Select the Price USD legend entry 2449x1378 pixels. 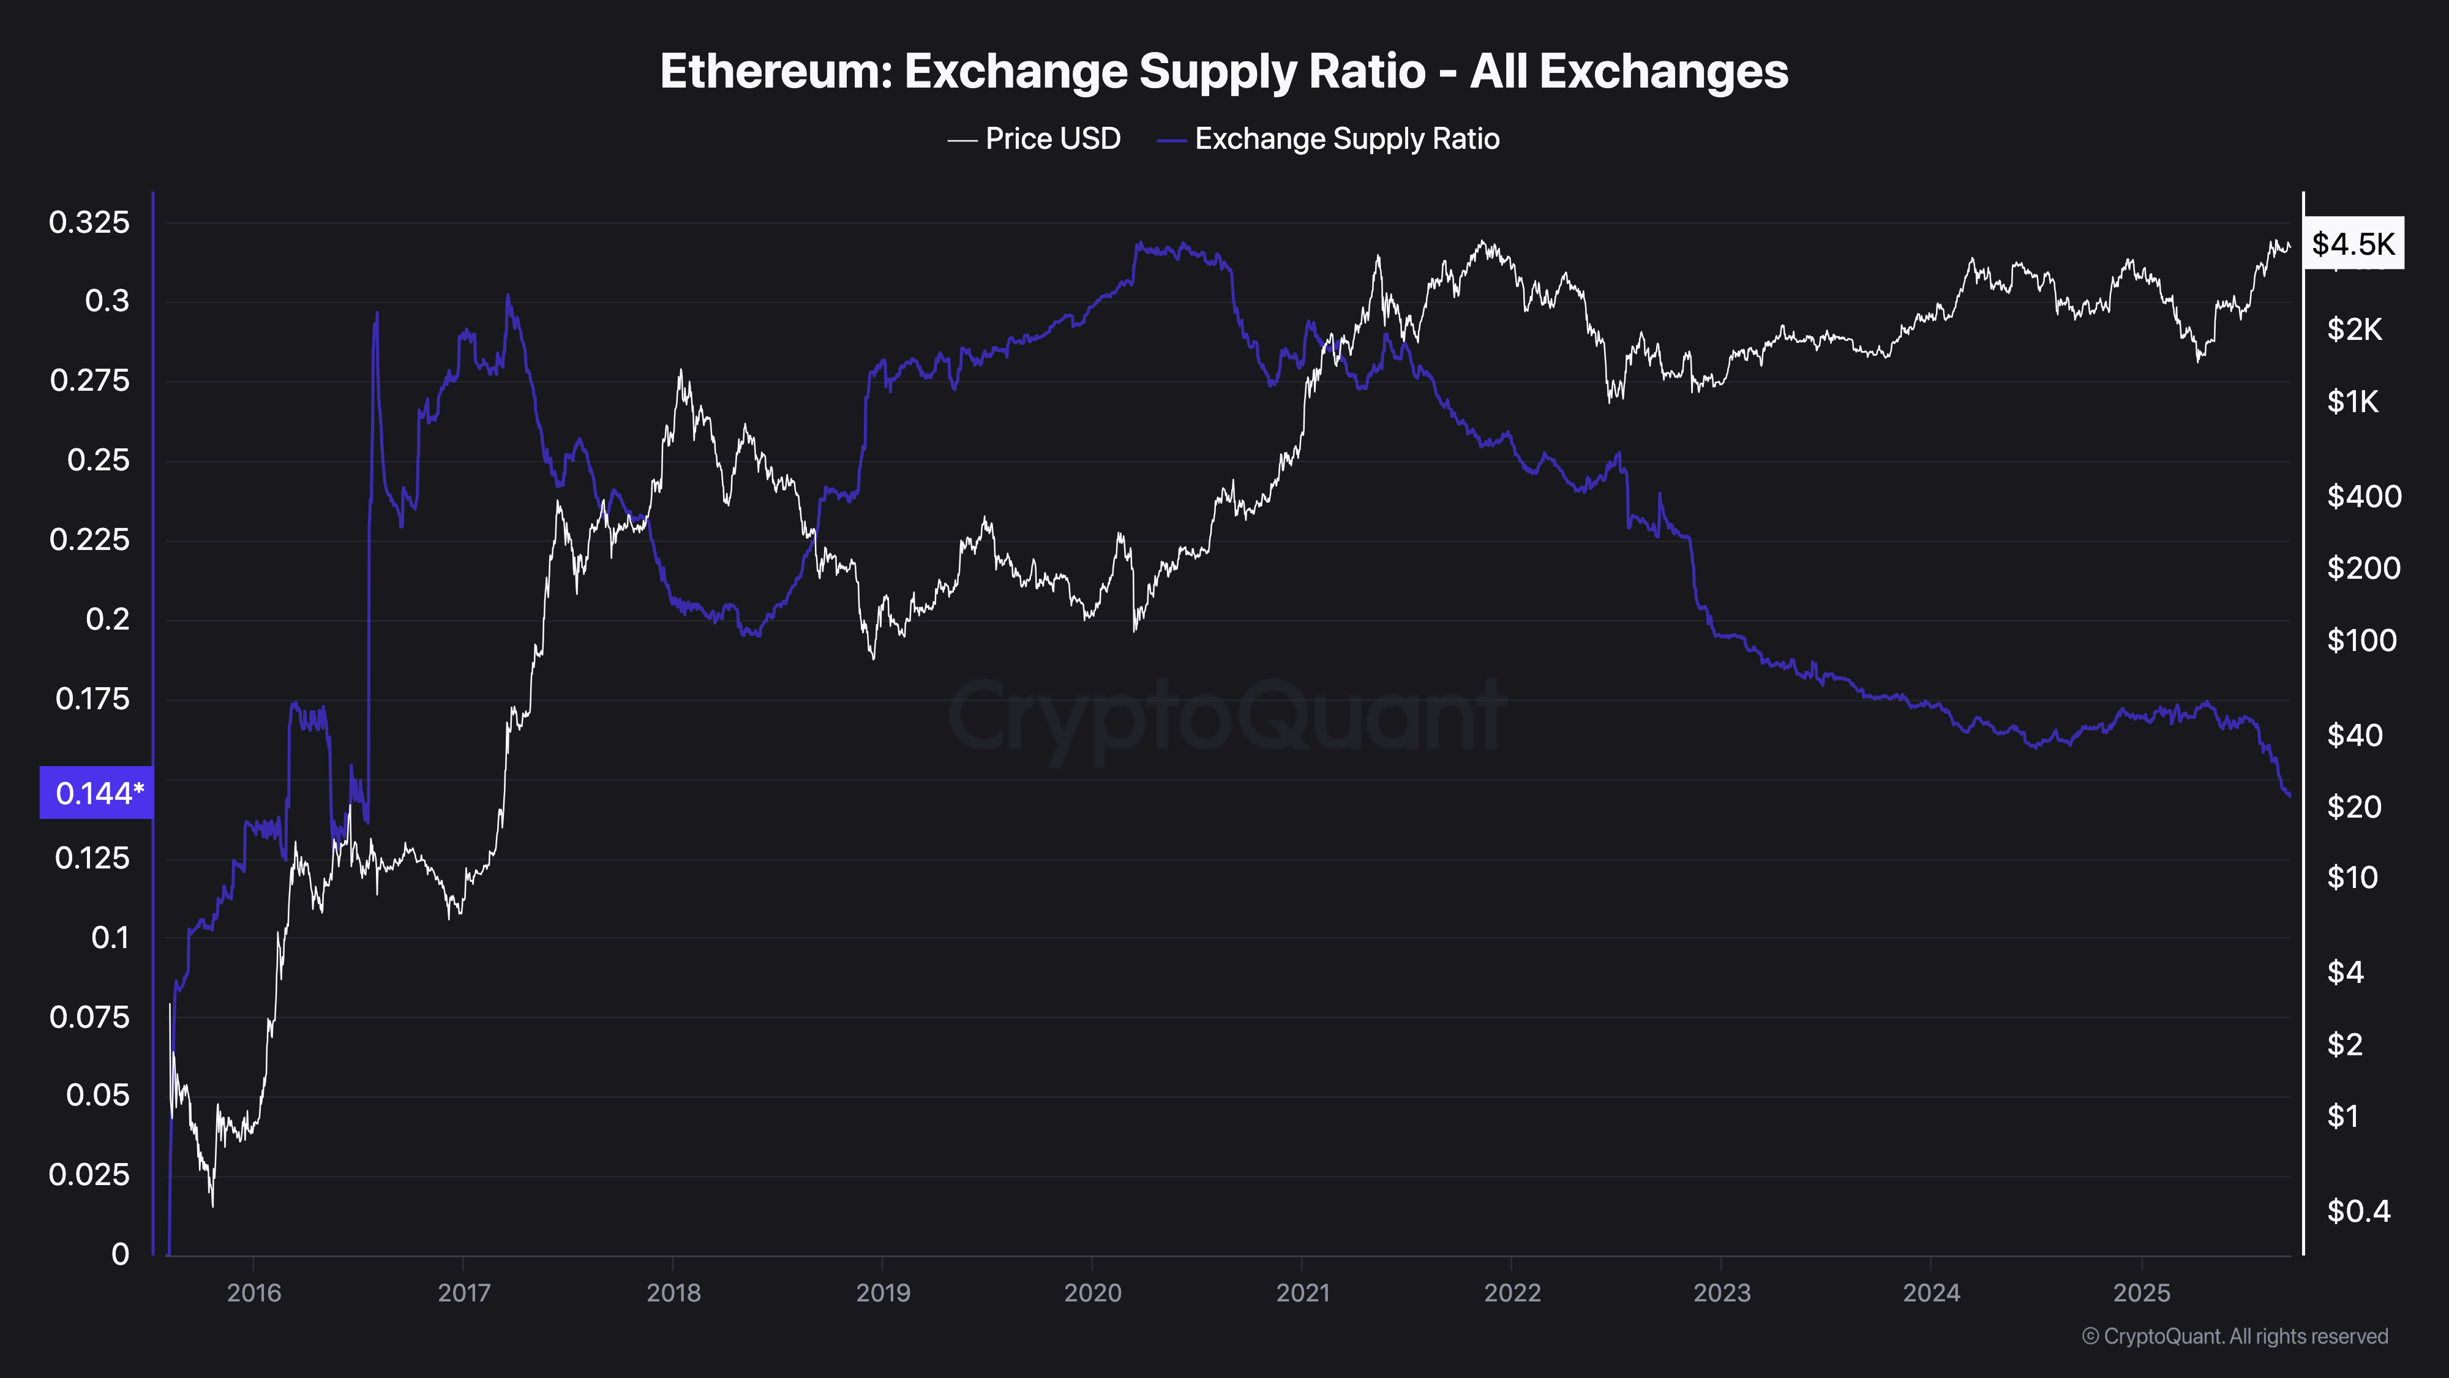point(1051,139)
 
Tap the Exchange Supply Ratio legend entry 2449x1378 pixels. point(1346,139)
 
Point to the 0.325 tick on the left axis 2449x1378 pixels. point(89,222)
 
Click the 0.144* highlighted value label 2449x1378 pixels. point(97,792)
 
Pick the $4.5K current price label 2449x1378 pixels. point(2353,244)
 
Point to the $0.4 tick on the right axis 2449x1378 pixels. point(2358,1211)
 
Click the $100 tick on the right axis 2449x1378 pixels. point(2361,640)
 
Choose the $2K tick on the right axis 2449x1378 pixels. point(2354,329)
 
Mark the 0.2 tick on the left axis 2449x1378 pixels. point(107,619)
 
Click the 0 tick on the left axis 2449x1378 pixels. point(120,1254)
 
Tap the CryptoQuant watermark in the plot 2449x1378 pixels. point(1226,716)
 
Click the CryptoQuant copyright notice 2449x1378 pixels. point(2234,1336)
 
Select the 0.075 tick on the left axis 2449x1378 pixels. point(89,1017)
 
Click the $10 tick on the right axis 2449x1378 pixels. point(2352,877)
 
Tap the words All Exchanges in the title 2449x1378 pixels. point(1629,71)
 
